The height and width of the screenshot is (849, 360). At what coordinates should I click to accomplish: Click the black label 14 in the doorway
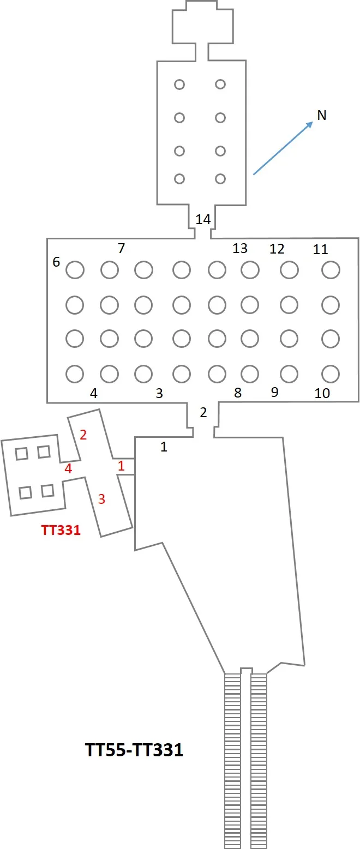pyautogui.click(x=203, y=219)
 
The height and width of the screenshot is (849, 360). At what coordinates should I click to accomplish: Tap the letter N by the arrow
pyautogui.click(x=322, y=115)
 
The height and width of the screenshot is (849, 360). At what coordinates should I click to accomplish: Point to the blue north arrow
pyautogui.click(x=283, y=148)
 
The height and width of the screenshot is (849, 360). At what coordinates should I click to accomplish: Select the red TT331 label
pyautogui.click(x=61, y=530)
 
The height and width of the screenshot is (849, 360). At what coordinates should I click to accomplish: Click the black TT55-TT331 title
pyautogui.click(x=135, y=750)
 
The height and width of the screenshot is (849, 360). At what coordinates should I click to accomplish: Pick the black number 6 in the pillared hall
pyautogui.click(x=56, y=262)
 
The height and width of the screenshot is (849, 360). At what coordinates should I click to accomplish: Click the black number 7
pyautogui.click(x=121, y=248)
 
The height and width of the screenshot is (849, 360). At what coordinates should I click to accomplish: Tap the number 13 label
pyautogui.click(x=240, y=248)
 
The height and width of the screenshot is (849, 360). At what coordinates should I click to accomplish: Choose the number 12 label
pyautogui.click(x=277, y=249)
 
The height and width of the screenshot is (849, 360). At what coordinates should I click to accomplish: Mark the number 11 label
pyautogui.click(x=320, y=249)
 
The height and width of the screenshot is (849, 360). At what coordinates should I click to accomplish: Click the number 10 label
pyautogui.click(x=322, y=394)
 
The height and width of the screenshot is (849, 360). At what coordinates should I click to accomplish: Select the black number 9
pyautogui.click(x=275, y=392)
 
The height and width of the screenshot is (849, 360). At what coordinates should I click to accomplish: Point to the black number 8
pyautogui.click(x=238, y=393)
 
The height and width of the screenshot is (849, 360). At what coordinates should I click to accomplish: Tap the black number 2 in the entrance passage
pyautogui.click(x=203, y=412)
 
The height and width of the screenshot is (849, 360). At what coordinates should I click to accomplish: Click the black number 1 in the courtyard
pyautogui.click(x=164, y=447)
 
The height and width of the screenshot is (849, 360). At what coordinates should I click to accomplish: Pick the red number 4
pyautogui.click(x=68, y=469)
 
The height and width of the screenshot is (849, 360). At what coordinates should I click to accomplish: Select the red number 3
pyautogui.click(x=101, y=499)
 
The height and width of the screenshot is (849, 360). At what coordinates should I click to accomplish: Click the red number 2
pyautogui.click(x=83, y=435)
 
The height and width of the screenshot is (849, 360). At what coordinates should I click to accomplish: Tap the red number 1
pyautogui.click(x=121, y=466)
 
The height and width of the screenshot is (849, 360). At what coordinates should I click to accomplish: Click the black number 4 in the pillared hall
pyautogui.click(x=94, y=394)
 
